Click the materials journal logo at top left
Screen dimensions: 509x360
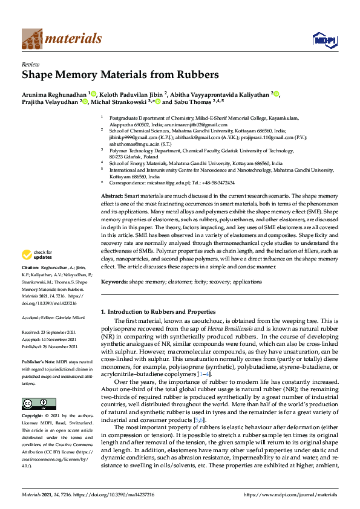61,39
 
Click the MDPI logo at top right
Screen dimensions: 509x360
324,40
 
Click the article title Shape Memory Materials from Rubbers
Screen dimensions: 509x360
120,75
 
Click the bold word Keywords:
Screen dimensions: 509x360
114,282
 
